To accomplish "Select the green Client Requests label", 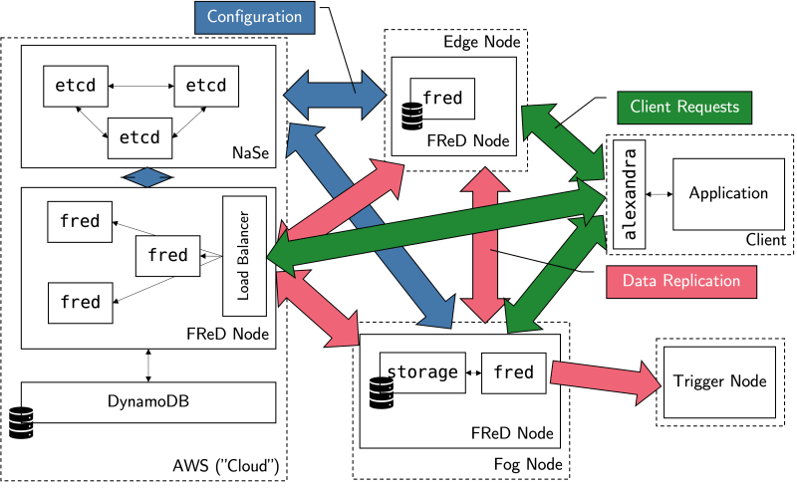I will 683,106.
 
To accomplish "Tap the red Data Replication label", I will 680,281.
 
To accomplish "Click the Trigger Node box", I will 719,381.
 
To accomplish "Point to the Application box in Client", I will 728,193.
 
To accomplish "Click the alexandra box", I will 628,194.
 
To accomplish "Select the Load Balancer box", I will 242,255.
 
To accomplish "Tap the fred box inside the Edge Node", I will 442,99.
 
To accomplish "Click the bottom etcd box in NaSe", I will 140,134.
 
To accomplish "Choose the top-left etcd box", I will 76,87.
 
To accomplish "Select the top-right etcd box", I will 206,87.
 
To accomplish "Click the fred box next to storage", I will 514,373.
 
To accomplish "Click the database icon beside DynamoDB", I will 21,422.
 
